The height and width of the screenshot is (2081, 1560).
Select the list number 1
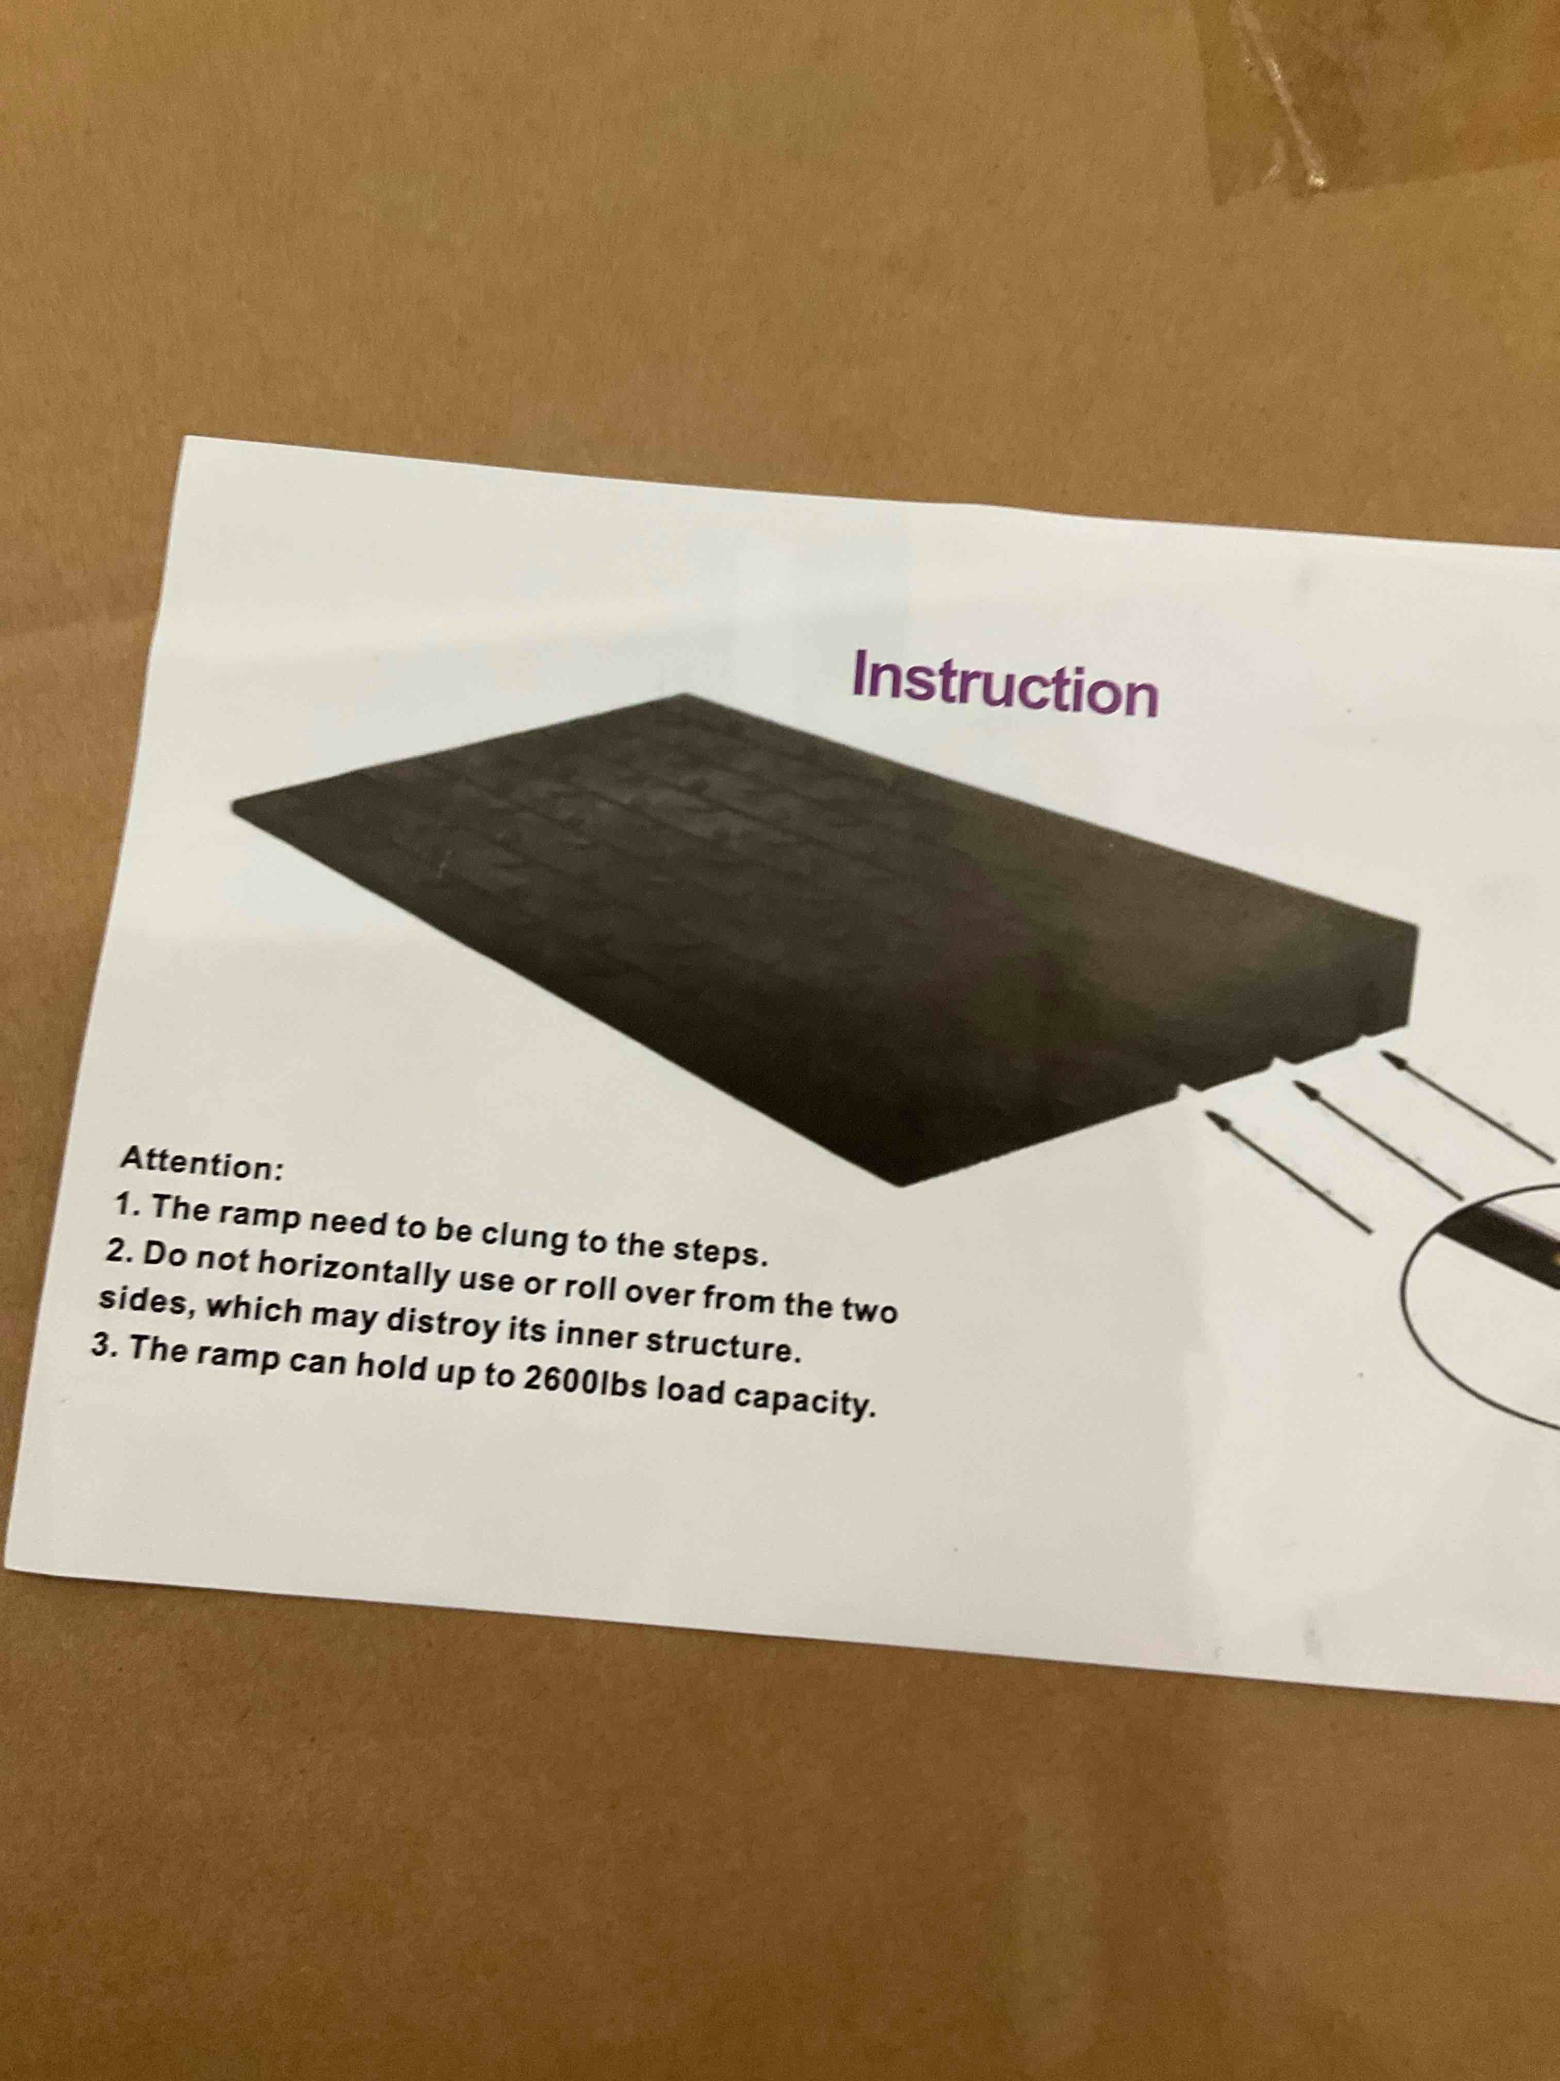point(124,1203)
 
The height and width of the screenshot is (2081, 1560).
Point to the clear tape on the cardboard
point(1317,94)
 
